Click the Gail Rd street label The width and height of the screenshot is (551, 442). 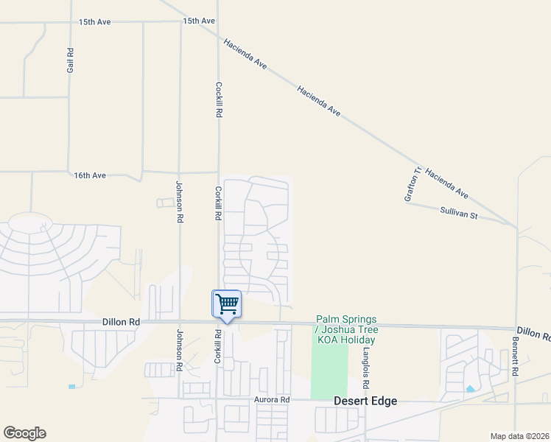pyautogui.click(x=70, y=60)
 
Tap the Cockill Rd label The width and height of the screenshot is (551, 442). pyautogui.click(x=218, y=99)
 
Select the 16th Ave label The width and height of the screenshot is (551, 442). pyautogui.click(x=90, y=175)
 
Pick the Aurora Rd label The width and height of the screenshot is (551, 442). pyautogui.click(x=273, y=399)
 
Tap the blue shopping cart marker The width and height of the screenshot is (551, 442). pyautogui.click(x=227, y=304)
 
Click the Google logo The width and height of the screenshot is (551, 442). pyautogui.click(x=24, y=433)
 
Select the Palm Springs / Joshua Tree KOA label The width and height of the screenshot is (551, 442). pyautogui.click(x=345, y=329)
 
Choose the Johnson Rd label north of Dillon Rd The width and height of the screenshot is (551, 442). pyautogui.click(x=178, y=202)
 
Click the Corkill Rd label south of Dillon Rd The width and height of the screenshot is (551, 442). pyautogui.click(x=218, y=345)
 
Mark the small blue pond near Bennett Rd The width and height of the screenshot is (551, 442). pyautogui.click(x=470, y=388)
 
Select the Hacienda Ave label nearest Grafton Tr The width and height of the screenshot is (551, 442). pyautogui.click(x=446, y=181)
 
